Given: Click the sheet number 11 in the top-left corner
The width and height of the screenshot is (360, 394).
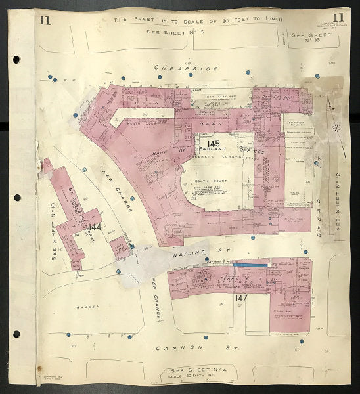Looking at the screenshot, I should (45, 19).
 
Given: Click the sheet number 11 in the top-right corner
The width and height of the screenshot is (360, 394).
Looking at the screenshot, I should (338, 18).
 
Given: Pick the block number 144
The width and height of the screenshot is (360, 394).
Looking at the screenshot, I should (96, 227).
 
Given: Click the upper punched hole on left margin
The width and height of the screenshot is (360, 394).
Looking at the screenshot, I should (16, 59).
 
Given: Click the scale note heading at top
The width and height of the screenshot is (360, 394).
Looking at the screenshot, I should (197, 20).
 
